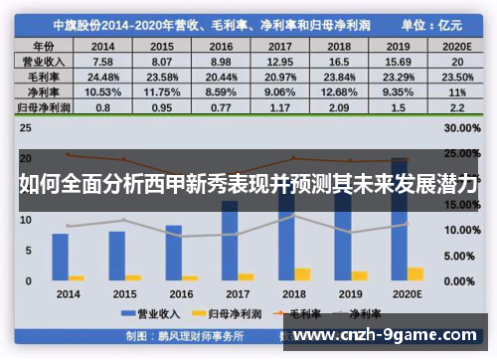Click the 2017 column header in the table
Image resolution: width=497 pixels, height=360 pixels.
point(279,46)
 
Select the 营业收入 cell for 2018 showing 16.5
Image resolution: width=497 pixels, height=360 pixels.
point(338,60)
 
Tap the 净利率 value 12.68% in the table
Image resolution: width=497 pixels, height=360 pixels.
point(338,90)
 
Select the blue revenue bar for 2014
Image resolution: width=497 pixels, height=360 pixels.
point(61,257)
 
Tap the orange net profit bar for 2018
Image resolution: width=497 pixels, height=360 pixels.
point(303,273)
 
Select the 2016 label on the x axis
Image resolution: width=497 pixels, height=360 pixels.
point(181,294)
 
